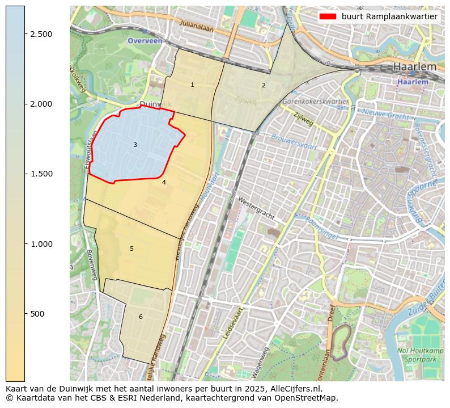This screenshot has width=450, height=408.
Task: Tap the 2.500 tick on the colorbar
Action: click(41, 34)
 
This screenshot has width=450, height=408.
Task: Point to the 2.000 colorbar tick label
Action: click(41, 104)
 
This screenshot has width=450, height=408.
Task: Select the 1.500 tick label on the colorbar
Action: click(41, 174)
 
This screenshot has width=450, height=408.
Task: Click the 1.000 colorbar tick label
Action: click(41, 244)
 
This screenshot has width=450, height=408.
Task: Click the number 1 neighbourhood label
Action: click(192, 85)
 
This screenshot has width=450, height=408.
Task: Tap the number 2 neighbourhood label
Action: click(264, 85)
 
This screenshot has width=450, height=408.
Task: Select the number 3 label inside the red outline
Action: click(135, 145)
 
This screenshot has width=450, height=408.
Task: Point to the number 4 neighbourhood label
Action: click(164, 182)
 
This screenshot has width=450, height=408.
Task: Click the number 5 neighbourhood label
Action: click(131, 249)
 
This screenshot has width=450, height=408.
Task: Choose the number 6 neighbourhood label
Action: click(141, 317)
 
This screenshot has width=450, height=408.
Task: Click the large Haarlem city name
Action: click(415, 67)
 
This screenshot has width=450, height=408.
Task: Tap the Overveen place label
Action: click(145, 41)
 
